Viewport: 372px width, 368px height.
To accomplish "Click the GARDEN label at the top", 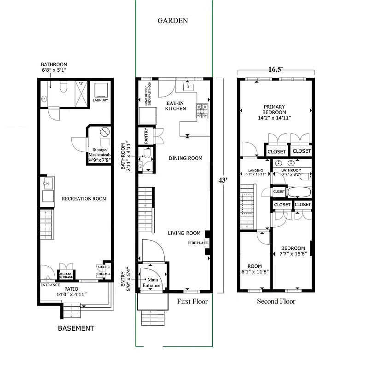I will [173, 21].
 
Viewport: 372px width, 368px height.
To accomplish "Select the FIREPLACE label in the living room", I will [198, 242].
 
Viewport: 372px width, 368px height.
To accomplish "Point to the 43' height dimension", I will [223, 180].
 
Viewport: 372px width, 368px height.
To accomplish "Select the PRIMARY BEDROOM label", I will [274, 112].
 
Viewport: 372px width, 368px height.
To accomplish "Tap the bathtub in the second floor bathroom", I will [299, 191].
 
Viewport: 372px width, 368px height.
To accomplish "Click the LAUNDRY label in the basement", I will [100, 100].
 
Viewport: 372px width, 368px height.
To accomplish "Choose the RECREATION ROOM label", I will [84, 199].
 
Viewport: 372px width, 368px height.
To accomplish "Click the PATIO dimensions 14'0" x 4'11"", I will [71, 294].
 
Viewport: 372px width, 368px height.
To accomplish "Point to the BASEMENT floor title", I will [76, 328].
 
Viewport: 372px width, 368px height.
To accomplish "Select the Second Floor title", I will [276, 301].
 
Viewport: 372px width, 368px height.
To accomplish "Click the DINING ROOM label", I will [185, 158].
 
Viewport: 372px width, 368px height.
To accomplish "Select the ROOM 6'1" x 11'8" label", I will [255, 269].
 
